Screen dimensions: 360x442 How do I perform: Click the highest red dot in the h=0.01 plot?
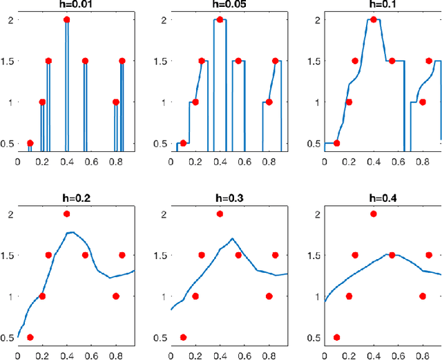[67, 19]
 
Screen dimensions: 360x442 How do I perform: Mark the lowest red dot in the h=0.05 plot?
[183, 143]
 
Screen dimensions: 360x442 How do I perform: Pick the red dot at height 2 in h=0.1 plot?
[374, 19]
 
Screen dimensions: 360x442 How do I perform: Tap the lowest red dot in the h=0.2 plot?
[30, 337]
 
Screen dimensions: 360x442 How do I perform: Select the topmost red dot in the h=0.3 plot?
[220, 214]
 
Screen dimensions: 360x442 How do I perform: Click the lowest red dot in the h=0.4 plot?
[336, 337]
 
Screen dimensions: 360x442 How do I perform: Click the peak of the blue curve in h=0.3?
[233, 238]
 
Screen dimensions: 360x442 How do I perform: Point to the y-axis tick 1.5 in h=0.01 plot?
[8, 61]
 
